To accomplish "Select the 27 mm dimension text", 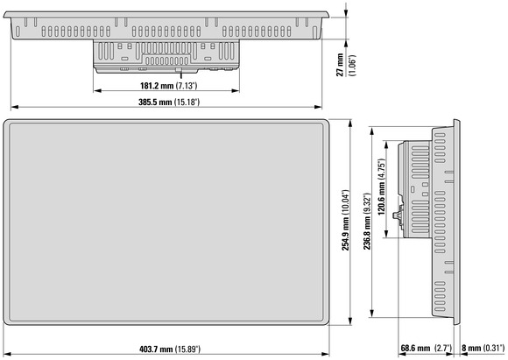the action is click(340, 65).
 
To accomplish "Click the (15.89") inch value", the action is click(187, 349).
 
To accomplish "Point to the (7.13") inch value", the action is click(187, 86).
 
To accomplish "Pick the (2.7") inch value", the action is click(443, 349).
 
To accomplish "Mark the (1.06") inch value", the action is click(352, 65).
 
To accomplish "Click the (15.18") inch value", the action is click(187, 102).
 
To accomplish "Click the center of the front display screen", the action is click(166, 222).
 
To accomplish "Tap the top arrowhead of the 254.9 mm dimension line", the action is click(349, 124).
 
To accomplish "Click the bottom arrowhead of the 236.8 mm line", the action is click(372, 314).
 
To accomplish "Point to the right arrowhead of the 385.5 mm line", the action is click(318, 107).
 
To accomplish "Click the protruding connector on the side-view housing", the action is click(396, 215).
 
